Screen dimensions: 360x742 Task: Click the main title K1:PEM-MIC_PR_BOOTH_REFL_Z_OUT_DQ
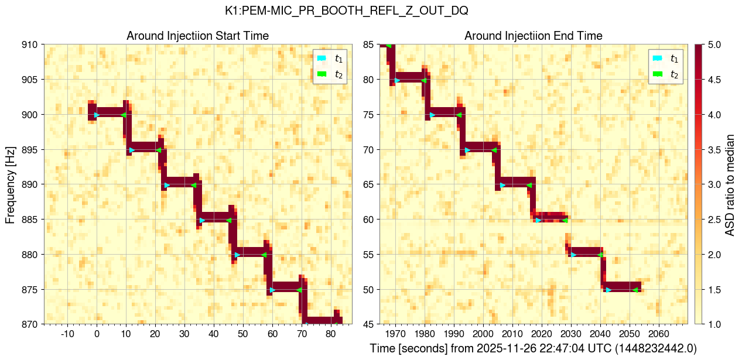tap(346, 11)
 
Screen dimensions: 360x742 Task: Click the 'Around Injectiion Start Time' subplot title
tap(197, 36)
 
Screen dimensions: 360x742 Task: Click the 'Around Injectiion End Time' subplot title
tap(533, 36)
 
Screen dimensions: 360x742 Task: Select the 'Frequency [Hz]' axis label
tap(11, 184)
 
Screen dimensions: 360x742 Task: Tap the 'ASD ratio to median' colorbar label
tap(730, 184)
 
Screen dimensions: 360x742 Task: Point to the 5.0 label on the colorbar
tap(713, 44)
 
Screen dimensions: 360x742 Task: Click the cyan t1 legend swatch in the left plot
tap(322, 59)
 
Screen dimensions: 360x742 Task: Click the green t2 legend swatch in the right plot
tap(657, 74)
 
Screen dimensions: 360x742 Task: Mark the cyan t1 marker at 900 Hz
tap(97, 115)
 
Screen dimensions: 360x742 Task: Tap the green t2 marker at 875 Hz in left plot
tap(299, 290)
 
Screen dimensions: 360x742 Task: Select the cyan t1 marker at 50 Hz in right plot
tap(608, 290)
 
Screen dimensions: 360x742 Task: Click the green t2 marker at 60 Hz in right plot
tap(565, 220)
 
